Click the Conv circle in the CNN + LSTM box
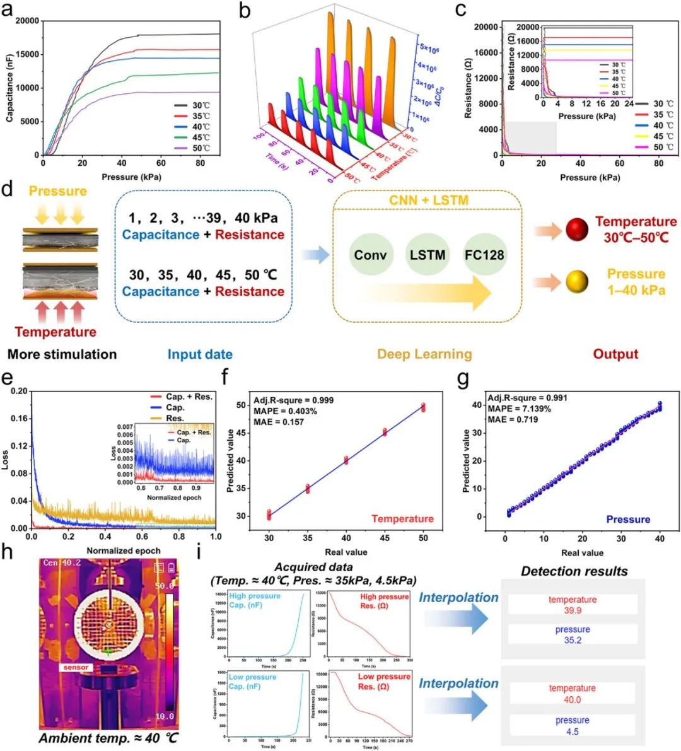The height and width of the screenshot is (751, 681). [370, 255]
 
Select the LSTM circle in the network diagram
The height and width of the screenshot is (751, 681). [428, 255]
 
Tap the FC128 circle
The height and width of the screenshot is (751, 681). [484, 255]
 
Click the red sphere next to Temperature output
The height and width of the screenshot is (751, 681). [577, 230]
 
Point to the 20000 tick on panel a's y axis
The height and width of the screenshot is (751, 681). [27, 21]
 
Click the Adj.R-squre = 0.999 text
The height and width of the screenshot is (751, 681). [293, 400]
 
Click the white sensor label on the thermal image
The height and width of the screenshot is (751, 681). [76, 667]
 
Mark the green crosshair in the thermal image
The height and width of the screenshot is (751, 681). [109, 651]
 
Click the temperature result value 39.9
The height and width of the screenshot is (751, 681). [573, 610]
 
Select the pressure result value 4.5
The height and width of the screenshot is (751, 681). [573, 731]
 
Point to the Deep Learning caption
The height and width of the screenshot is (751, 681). [424, 354]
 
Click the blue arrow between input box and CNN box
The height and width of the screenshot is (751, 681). [315, 255]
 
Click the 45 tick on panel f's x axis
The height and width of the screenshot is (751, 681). [385, 538]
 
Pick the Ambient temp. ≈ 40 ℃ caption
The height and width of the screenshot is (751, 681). [108, 738]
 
